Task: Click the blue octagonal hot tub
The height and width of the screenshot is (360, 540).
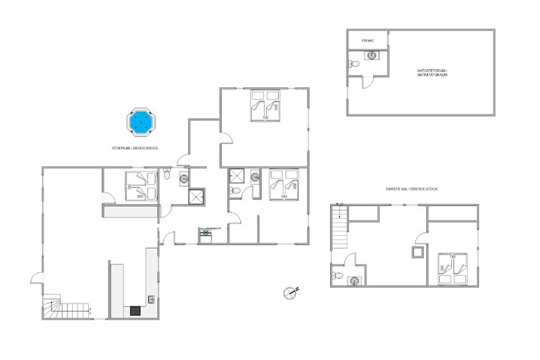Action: [x=140, y=122]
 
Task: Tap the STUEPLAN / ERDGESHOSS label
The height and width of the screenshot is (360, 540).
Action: [x=135, y=149]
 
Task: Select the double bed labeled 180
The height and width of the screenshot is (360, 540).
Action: [x=265, y=104]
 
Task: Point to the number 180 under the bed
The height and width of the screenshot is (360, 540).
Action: [x=265, y=118]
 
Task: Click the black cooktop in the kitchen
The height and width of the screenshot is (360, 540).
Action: [x=135, y=310]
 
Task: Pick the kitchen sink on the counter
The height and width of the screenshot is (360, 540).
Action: [x=152, y=298]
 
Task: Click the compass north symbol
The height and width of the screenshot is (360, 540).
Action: [x=290, y=292]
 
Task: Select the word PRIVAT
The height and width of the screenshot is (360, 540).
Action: [x=368, y=41]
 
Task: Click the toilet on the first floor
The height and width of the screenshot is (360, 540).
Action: [x=341, y=277]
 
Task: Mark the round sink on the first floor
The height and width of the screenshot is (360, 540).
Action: [x=355, y=280]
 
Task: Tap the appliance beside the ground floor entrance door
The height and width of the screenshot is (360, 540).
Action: [x=205, y=234]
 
